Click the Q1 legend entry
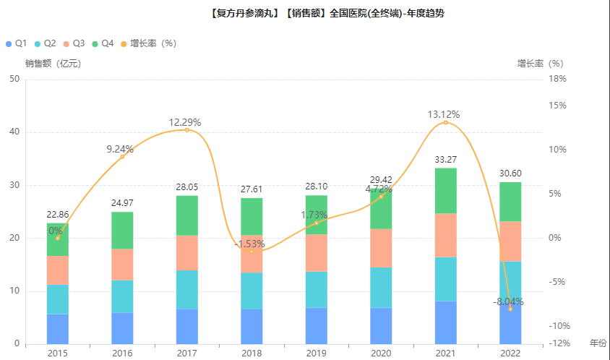coord(17,43)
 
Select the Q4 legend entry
coord(103,43)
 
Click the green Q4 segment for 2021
coord(445,191)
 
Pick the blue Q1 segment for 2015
coord(58,329)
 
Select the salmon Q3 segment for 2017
coord(187,252)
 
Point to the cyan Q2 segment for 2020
coord(381,288)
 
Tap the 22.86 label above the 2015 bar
coord(58,215)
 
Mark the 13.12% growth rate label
coord(444,114)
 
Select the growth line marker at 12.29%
coord(187,130)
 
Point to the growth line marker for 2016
coord(122,157)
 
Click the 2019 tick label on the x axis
coord(317,353)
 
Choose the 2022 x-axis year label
coord(510,353)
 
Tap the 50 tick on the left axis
coord(14,79)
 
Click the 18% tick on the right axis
coord(557,79)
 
